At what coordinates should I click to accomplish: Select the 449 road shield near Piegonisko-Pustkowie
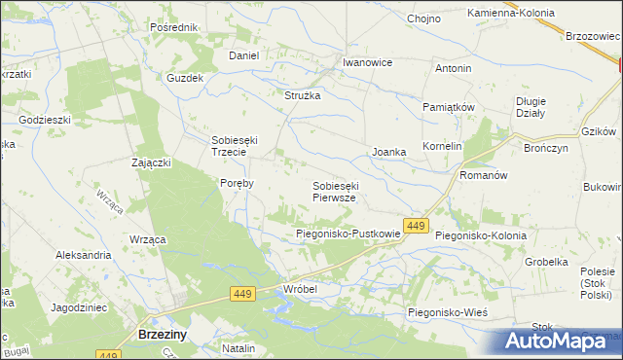click(x=416, y=226)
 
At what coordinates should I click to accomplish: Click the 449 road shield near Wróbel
click(x=244, y=293)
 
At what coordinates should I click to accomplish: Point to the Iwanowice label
click(x=367, y=62)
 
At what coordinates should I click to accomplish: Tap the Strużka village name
click(x=302, y=95)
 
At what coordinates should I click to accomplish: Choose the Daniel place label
click(x=243, y=55)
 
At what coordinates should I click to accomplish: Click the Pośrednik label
click(x=175, y=27)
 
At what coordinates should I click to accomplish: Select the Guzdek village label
click(x=185, y=77)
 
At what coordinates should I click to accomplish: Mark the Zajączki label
click(x=151, y=162)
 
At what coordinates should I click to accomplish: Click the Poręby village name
click(x=238, y=182)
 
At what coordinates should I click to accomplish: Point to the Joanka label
click(x=389, y=153)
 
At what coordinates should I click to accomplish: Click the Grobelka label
click(x=546, y=262)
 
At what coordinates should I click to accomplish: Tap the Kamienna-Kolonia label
click(x=511, y=13)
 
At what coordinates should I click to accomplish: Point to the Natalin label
click(x=238, y=347)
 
